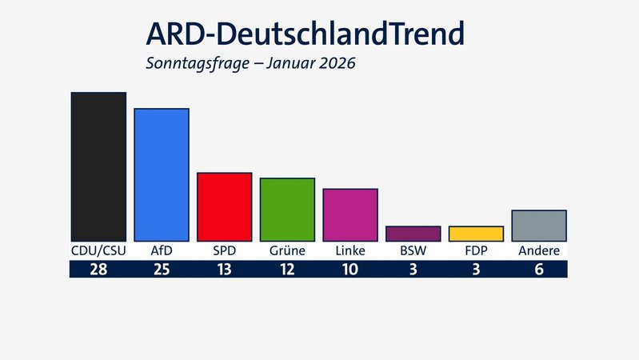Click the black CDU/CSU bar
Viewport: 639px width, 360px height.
click(98, 166)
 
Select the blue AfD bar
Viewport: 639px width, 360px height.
click(162, 174)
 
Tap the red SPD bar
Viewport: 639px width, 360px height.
click(225, 206)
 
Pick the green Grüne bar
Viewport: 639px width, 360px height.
click(287, 210)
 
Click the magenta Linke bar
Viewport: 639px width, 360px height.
click(350, 214)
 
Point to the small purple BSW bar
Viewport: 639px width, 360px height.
click(413, 234)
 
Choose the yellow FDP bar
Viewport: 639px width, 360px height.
click(476, 234)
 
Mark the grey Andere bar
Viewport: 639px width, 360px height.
click(539, 226)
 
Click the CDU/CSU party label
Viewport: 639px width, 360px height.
click(98, 251)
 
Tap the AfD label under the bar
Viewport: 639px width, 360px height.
click(162, 251)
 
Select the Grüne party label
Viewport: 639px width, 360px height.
click(287, 251)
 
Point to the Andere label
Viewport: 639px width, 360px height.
click(539, 251)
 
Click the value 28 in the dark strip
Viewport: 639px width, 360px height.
click(98, 270)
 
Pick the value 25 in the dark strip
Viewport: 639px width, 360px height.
click(162, 270)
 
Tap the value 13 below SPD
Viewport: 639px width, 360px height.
click(225, 270)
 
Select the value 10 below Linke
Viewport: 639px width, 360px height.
click(350, 270)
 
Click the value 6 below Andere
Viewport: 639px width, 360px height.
click(539, 270)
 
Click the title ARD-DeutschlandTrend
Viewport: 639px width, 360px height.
click(304, 34)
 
